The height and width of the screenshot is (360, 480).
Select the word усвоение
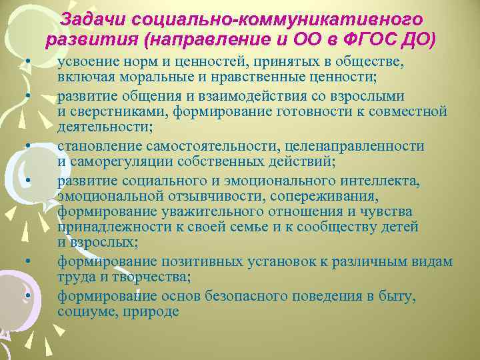point(88,62)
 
